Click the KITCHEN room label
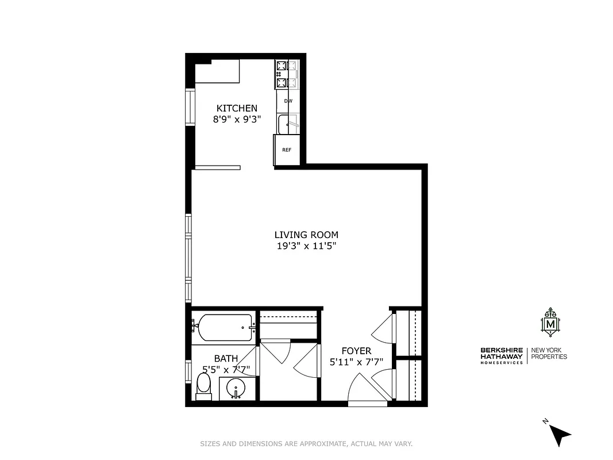237,108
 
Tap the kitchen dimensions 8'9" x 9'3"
237,120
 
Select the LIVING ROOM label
306,235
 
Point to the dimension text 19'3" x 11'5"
306,246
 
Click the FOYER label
356,351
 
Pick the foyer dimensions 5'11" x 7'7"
356,362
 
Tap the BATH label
226,358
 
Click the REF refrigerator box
287,149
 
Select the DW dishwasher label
288,101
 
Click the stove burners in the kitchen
287,75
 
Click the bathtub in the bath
224,328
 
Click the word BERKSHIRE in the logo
502,350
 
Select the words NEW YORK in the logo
549,350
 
